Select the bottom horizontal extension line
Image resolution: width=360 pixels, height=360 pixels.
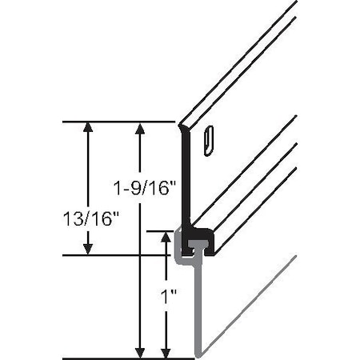click(x=128, y=358)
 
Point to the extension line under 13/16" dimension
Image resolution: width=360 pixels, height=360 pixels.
click(x=120, y=255)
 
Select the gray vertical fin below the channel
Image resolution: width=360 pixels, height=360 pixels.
click(x=197, y=312)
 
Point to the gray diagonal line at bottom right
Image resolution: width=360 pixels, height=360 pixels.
click(x=248, y=307)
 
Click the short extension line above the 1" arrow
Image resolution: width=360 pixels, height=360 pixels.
click(x=160, y=230)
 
